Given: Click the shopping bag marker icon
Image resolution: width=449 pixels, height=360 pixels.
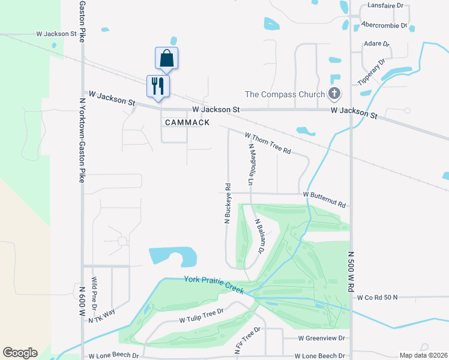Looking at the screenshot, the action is tap(166, 59).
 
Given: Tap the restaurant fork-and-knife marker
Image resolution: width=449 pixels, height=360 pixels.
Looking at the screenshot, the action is tap(158, 86).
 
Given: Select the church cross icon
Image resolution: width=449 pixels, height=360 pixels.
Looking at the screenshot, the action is tap(334, 94).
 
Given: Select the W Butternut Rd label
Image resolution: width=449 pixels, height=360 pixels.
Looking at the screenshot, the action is tap(325, 199).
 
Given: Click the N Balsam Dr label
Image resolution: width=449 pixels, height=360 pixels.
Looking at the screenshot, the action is tap(260, 237).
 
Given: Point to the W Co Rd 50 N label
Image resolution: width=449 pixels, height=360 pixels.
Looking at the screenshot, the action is tap(382, 298).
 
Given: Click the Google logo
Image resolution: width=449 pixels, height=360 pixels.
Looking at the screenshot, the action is tap(20, 353).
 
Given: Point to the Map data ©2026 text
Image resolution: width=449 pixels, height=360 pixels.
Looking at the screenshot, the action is tap(423, 355).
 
